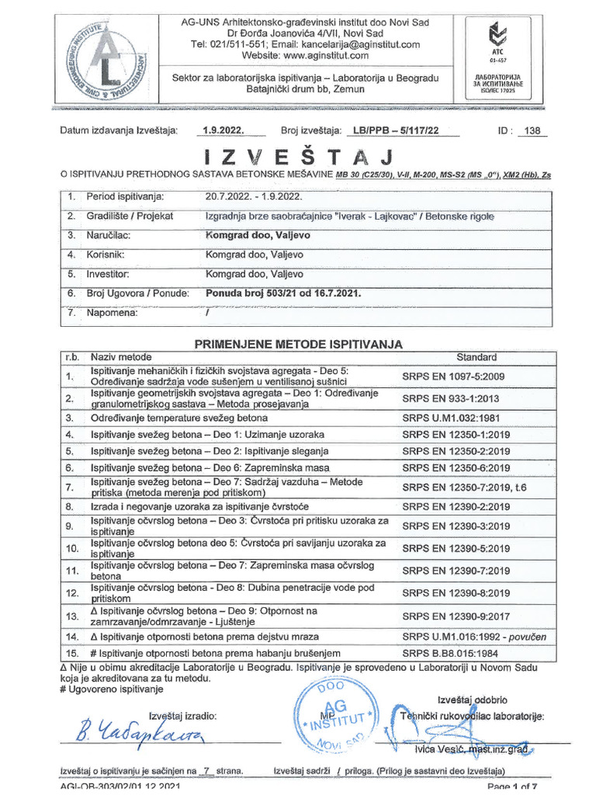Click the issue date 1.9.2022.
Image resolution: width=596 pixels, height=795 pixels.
click(223, 130)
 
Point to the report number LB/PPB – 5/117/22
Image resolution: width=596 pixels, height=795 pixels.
click(395, 130)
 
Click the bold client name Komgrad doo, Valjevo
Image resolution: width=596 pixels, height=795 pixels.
click(255, 234)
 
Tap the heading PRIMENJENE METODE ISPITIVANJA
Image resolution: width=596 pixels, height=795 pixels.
click(298, 344)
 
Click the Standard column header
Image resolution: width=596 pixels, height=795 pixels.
click(476, 357)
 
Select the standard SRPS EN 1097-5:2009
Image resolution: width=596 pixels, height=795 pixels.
click(453, 377)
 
